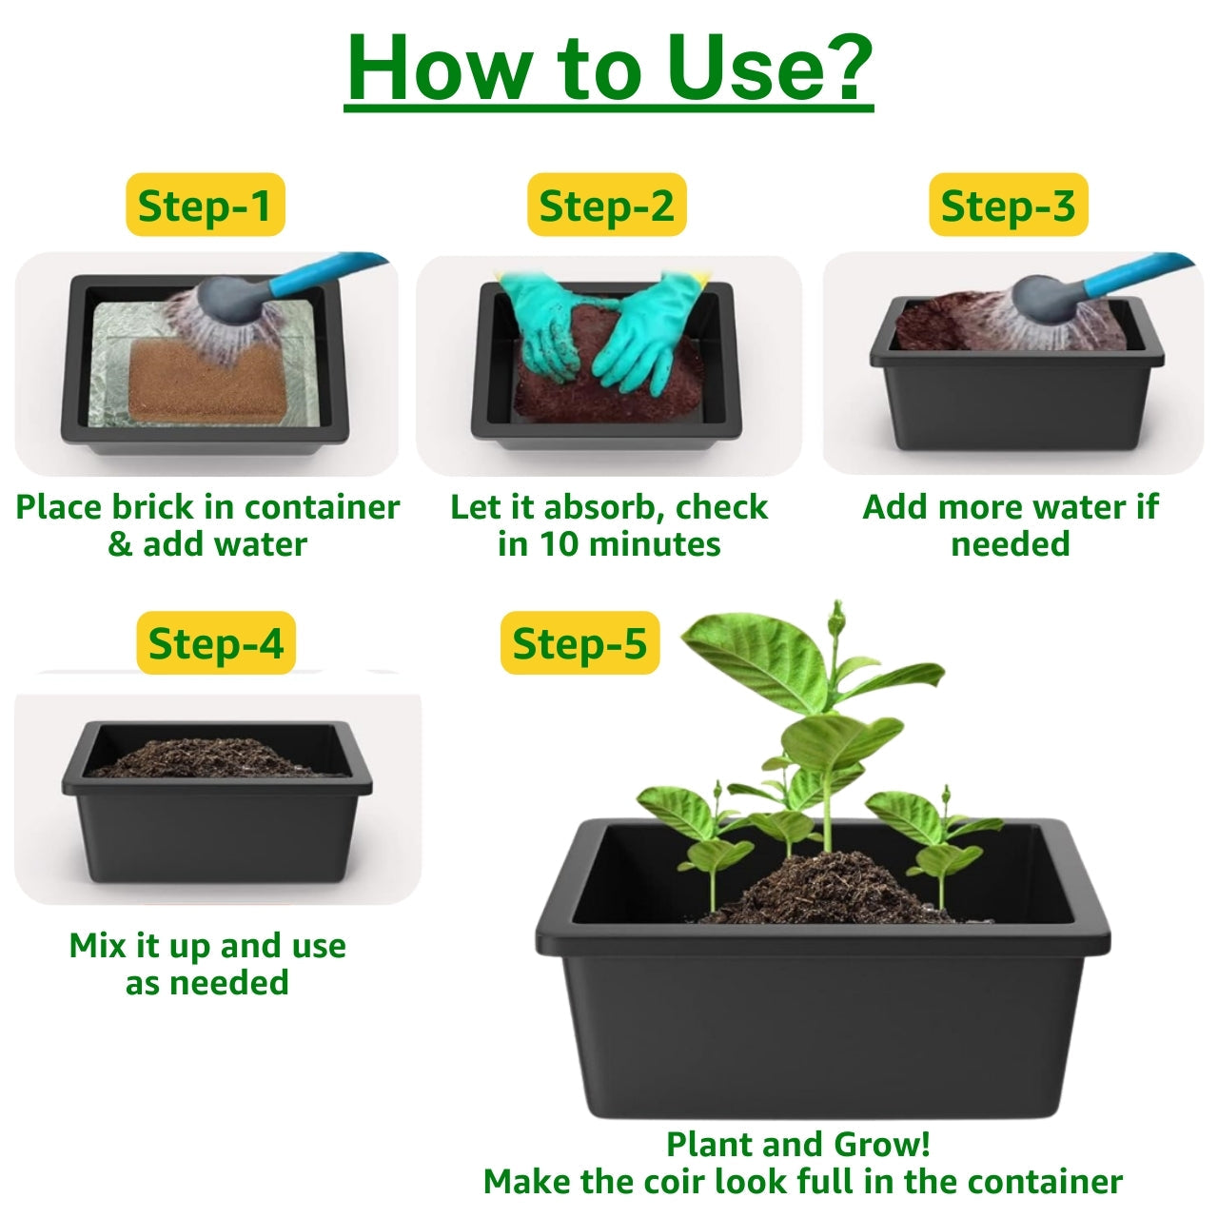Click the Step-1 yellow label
pyautogui.click(x=206, y=205)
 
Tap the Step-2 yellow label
pyautogui.click(x=607, y=205)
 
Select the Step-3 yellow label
pyautogui.click(x=1008, y=205)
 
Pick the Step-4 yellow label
pyautogui.click(x=216, y=643)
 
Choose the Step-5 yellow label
pyautogui.click(x=580, y=643)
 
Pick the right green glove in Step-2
pyautogui.click(x=651, y=331)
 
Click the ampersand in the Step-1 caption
pyautogui.click(x=120, y=545)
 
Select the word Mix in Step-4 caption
pyautogui.click(x=97, y=946)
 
